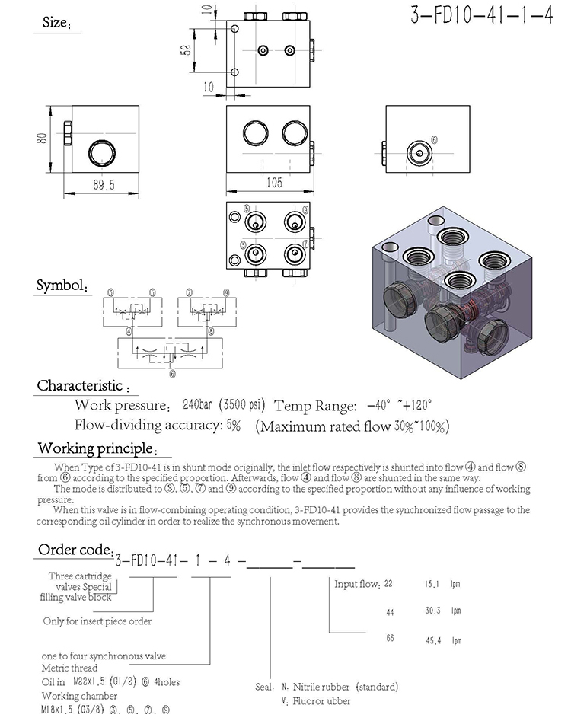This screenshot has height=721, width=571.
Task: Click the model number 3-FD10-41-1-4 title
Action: pyautogui.click(x=481, y=17)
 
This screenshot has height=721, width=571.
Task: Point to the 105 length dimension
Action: pyautogui.click(x=274, y=182)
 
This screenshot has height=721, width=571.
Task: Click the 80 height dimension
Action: pyautogui.click(x=42, y=138)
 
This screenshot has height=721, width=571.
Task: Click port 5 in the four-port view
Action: pyautogui.click(x=254, y=222)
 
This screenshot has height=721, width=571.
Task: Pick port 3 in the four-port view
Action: pyautogui.click(x=254, y=253)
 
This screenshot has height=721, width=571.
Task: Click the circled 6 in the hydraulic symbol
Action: pyautogui.click(x=172, y=373)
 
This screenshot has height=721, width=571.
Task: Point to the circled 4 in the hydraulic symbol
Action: pyautogui.click(x=129, y=331)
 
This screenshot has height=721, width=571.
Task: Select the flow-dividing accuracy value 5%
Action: pyautogui.click(x=233, y=426)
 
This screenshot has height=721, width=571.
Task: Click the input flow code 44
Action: pyautogui.click(x=390, y=611)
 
